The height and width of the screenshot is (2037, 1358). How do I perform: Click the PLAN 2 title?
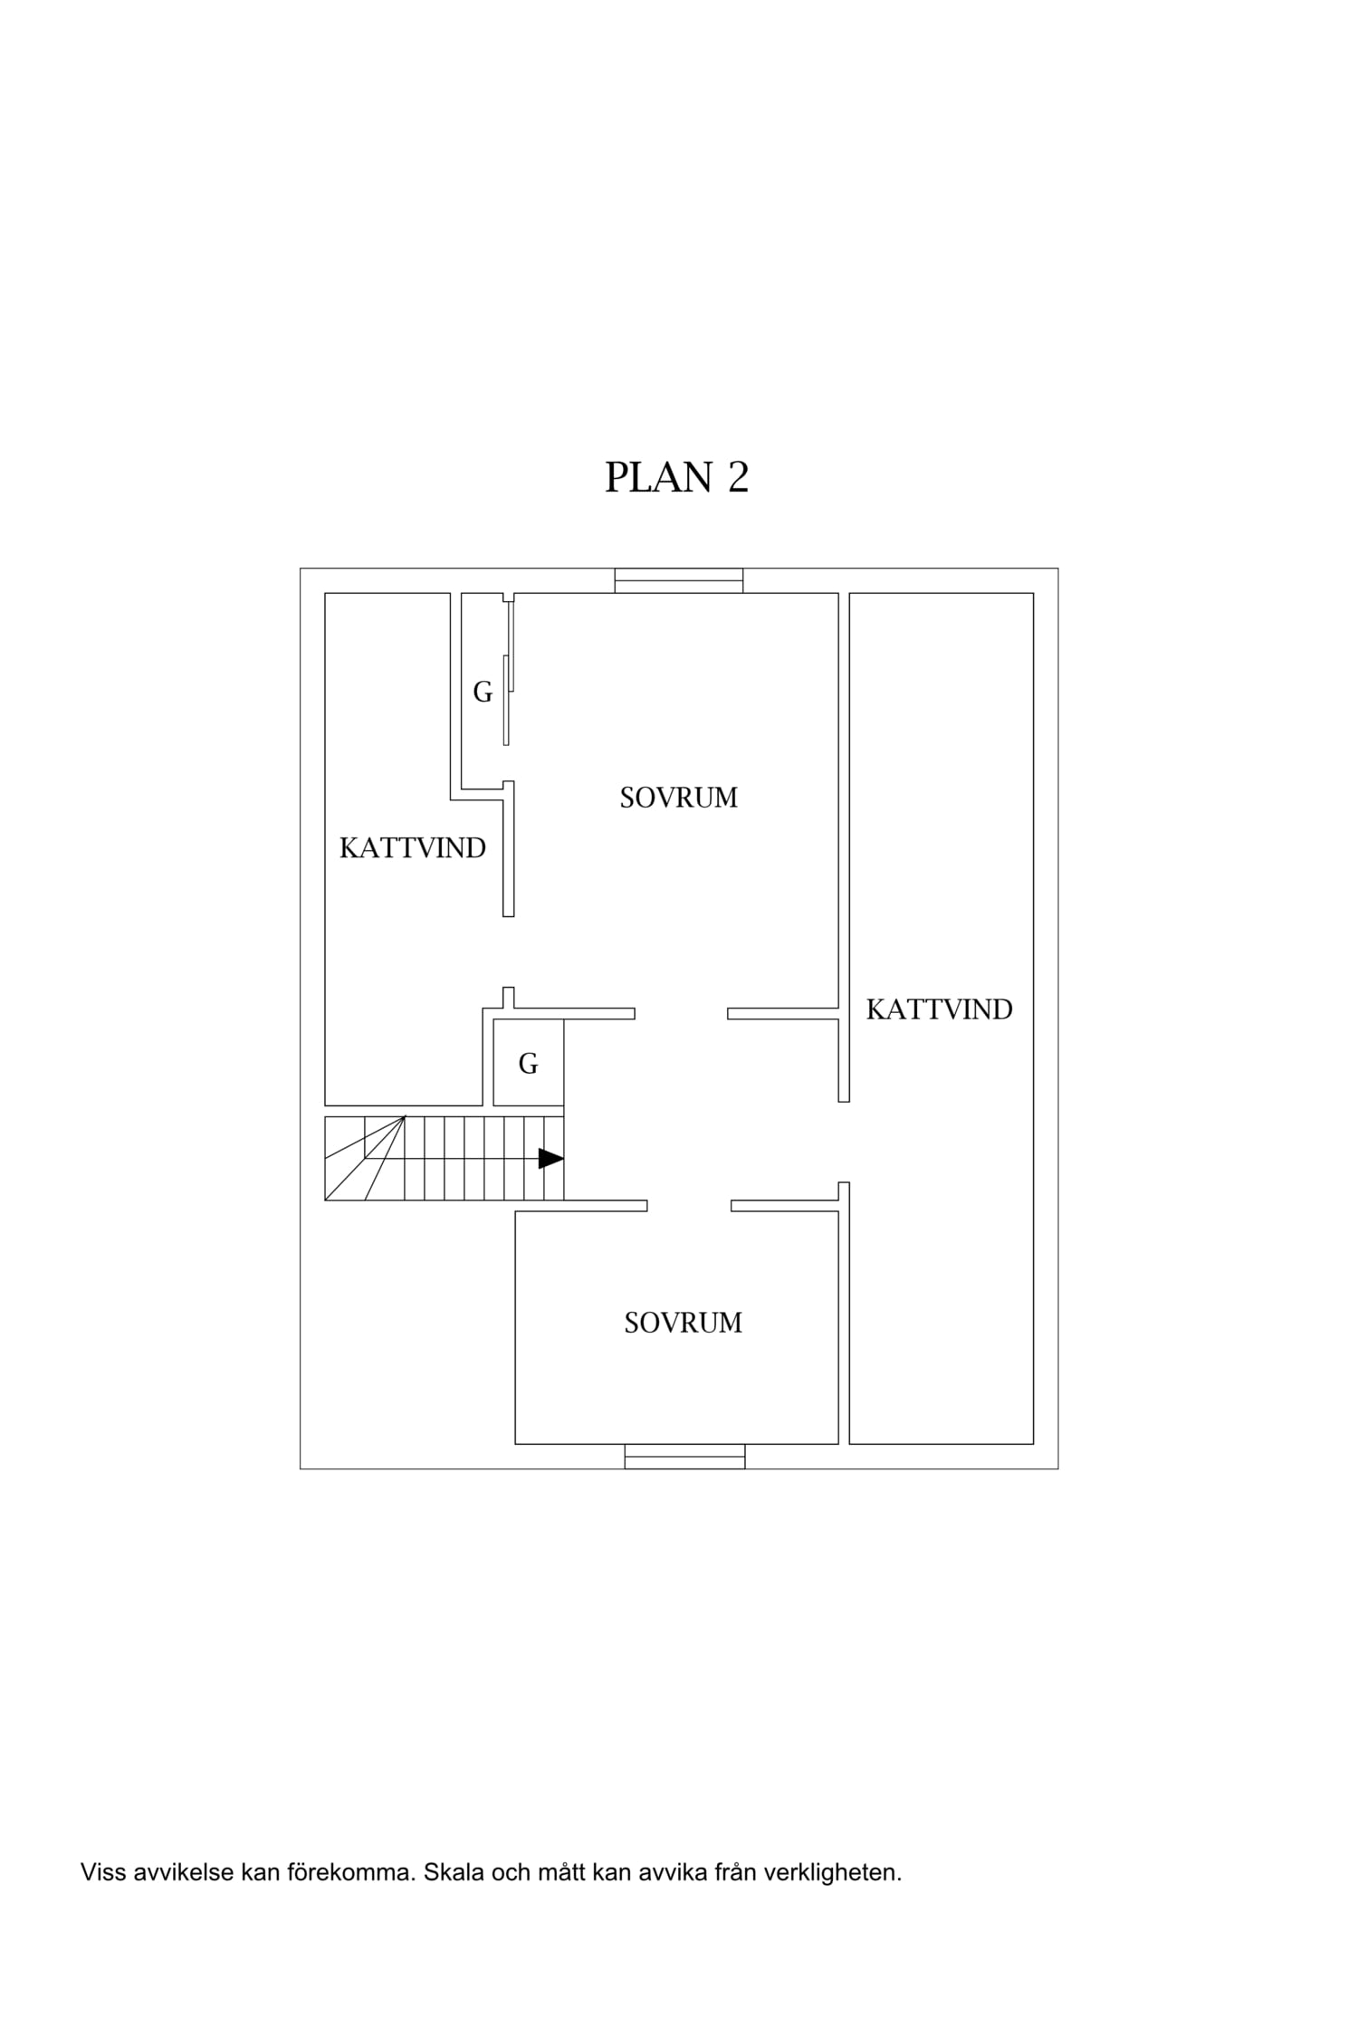(x=676, y=477)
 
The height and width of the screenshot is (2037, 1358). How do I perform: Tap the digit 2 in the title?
(x=738, y=477)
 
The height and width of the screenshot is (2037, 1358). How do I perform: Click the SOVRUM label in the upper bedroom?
(x=679, y=798)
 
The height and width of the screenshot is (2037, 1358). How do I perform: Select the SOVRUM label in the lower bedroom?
(x=684, y=1323)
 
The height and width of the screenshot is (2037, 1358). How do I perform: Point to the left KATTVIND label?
(x=413, y=848)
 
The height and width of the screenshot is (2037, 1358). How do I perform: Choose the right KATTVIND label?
(x=939, y=1009)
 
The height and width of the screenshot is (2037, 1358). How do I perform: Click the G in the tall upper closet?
(x=483, y=692)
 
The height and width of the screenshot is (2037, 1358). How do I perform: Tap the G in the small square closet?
(x=528, y=1064)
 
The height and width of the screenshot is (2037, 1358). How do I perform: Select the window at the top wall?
(x=679, y=580)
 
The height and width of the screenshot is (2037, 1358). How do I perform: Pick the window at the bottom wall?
(x=684, y=1456)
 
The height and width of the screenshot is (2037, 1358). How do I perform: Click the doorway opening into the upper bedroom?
(x=681, y=1013)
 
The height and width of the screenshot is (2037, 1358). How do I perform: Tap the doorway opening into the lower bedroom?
(x=689, y=1206)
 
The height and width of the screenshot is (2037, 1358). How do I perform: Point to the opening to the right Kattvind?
(x=844, y=1142)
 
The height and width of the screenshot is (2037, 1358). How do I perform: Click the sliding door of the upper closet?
(x=509, y=673)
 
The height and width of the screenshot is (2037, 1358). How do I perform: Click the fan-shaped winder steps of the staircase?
(x=365, y=1159)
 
